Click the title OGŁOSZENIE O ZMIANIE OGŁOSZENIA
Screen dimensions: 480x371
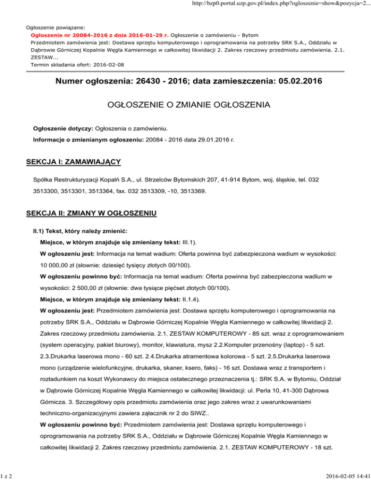click(x=185, y=104)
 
